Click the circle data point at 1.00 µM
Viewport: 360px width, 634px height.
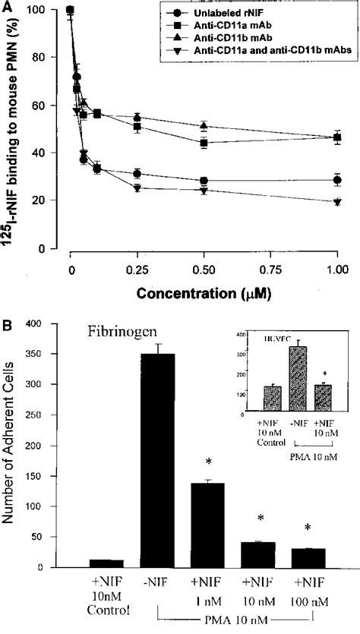pos(336,180)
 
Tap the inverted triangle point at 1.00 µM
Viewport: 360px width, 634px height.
pos(336,202)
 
